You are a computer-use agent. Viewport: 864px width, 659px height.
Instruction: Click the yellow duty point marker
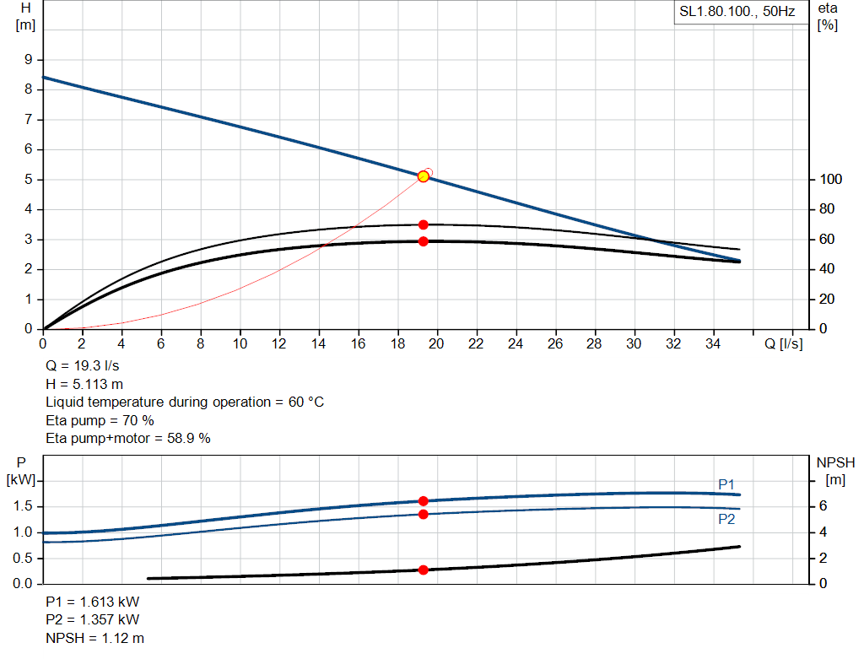424,176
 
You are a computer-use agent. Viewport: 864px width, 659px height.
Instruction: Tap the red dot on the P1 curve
424,501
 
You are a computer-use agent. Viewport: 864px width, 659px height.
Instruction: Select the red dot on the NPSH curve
424,570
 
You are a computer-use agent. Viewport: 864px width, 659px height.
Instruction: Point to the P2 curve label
726,520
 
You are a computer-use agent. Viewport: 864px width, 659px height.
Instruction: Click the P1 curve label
726,484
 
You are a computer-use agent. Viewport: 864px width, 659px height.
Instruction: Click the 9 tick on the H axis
28,60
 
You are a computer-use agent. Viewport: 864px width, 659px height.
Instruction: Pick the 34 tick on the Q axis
713,343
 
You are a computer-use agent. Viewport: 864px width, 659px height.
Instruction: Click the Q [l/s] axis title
782,343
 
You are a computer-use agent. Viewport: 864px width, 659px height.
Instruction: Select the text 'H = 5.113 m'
84,384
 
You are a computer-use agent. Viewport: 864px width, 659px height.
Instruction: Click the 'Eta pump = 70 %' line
100,420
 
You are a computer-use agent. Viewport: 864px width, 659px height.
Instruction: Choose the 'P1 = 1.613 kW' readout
93,602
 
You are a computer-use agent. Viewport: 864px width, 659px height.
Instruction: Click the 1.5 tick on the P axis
24,506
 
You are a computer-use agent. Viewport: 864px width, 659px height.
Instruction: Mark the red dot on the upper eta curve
424,224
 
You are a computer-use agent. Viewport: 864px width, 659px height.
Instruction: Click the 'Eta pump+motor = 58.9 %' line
127,438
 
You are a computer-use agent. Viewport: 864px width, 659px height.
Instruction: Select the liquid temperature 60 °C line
185,402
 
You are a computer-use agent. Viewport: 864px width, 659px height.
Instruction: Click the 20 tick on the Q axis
437,343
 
